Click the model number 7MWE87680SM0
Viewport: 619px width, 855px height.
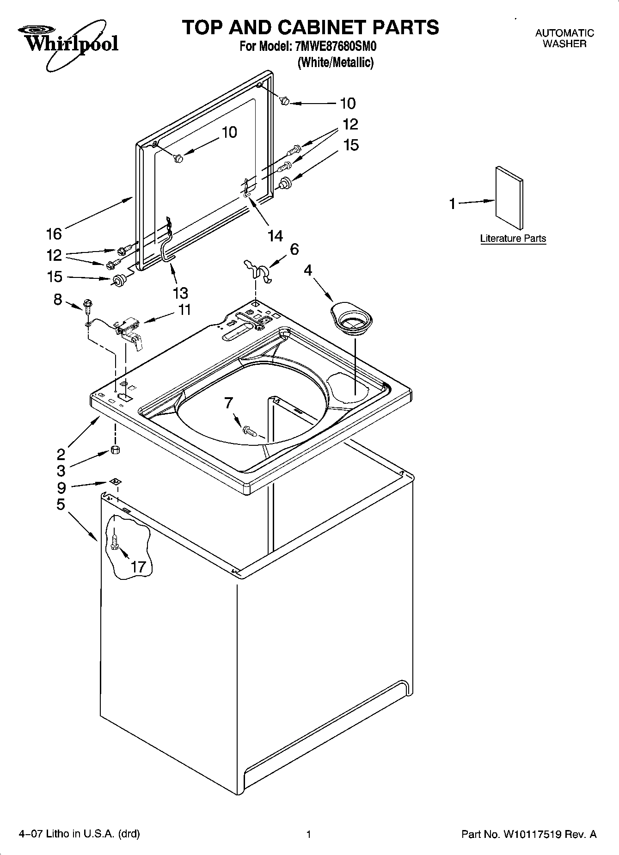[332, 47]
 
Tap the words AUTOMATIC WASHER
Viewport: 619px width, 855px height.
[564, 38]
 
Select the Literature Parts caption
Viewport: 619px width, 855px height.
[513, 239]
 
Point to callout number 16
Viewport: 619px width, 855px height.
[54, 234]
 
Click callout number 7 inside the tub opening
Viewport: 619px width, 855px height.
[228, 403]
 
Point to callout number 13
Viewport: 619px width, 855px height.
[180, 293]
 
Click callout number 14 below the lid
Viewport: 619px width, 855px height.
[275, 236]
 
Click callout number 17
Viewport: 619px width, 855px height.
[138, 566]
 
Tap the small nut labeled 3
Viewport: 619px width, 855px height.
[116, 450]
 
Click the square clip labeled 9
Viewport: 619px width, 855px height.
[115, 482]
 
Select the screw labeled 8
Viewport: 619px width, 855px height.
[87, 304]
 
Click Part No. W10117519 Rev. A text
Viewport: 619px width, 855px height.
[529, 834]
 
